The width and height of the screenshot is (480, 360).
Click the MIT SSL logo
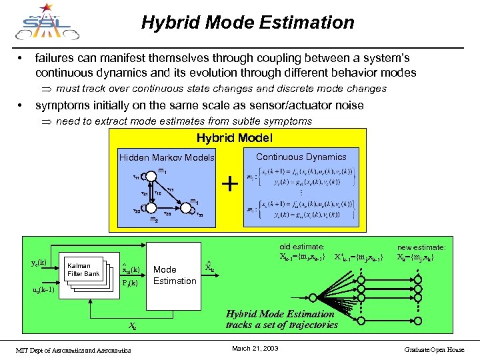click(44, 23)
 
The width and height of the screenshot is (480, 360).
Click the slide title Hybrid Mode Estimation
click(247, 23)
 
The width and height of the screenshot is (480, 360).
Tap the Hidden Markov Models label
click(167, 158)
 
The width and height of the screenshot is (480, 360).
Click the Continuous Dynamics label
click(301, 157)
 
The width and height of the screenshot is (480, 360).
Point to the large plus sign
click(229, 183)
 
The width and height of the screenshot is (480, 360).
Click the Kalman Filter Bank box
click(83, 269)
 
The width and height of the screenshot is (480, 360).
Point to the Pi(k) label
click(131, 282)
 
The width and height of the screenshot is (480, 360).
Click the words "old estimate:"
click(302, 247)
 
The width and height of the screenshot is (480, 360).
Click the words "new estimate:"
click(422, 247)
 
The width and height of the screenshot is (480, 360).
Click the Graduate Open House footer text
click(437, 349)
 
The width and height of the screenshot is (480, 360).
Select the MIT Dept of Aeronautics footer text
click(74, 350)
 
